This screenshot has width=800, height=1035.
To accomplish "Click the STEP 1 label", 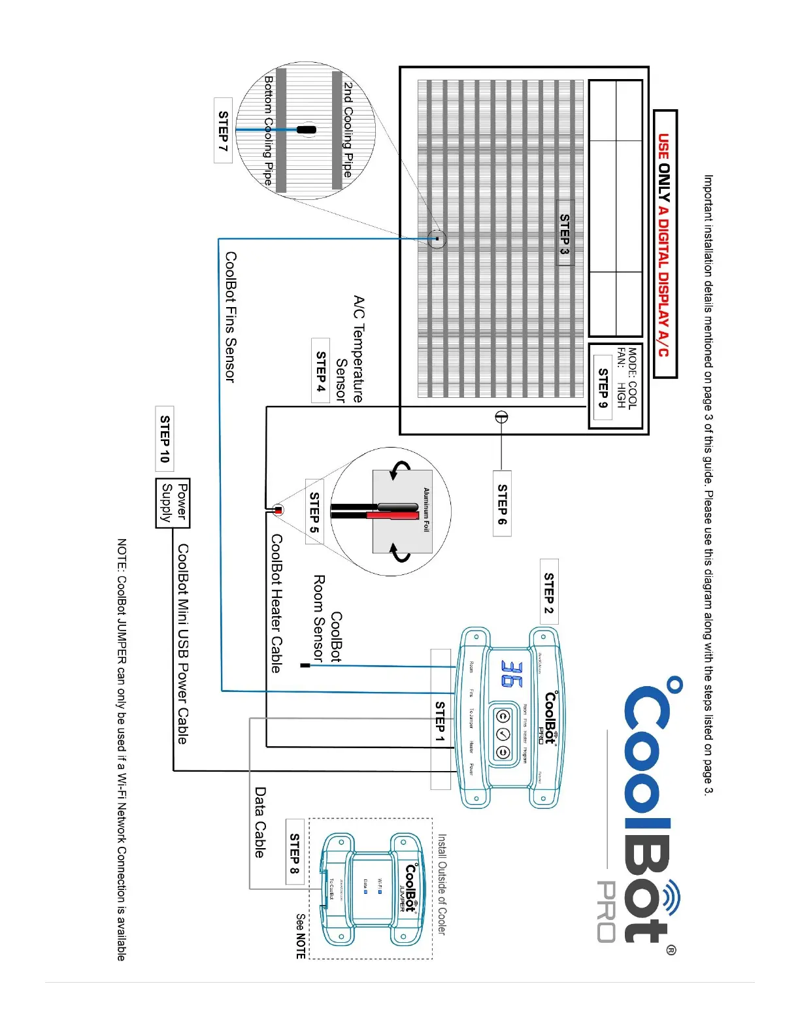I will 441,721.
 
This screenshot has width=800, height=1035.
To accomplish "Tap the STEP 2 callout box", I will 549,591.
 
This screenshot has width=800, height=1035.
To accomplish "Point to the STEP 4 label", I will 321,370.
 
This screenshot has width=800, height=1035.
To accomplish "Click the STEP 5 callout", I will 314,512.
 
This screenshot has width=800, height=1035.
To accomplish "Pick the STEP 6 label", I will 502,503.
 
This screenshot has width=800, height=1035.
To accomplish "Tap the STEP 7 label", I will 223,131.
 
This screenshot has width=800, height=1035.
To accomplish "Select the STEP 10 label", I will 165,438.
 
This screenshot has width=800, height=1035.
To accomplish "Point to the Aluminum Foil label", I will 426,510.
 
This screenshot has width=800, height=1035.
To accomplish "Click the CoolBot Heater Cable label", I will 276,603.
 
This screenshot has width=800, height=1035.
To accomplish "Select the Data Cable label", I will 260,822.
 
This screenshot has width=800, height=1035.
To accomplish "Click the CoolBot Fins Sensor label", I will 230,317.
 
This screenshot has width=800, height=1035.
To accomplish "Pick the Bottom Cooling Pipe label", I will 268,130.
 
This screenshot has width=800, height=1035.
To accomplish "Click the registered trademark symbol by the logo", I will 671,949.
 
